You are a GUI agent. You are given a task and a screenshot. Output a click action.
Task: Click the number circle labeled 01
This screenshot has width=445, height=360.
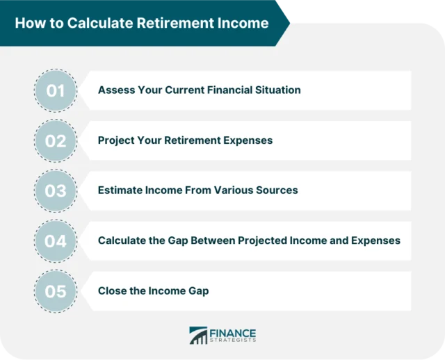pyautogui.click(x=55, y=90)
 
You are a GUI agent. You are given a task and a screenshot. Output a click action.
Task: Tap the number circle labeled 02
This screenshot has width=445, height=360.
pyautogui.click(x=55, y=140)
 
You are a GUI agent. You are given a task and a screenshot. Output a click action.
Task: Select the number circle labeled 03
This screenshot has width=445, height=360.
pyautogui.click(x=55, y=190)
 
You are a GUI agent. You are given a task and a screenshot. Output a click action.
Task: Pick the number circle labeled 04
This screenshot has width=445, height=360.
pyautogui.click(x=55, y=240)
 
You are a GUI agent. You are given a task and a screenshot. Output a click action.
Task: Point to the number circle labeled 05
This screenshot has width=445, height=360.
pyautogui.click(x=55, y=291)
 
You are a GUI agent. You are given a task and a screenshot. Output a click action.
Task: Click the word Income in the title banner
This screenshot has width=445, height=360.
pyautogui.click(x=244, y=23)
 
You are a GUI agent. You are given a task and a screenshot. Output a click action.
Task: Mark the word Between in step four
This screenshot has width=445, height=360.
pyautogui.click(x=211, y=240)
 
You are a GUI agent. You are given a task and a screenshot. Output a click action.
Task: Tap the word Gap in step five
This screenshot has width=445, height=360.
pyautogui.click(x=197, y=291)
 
